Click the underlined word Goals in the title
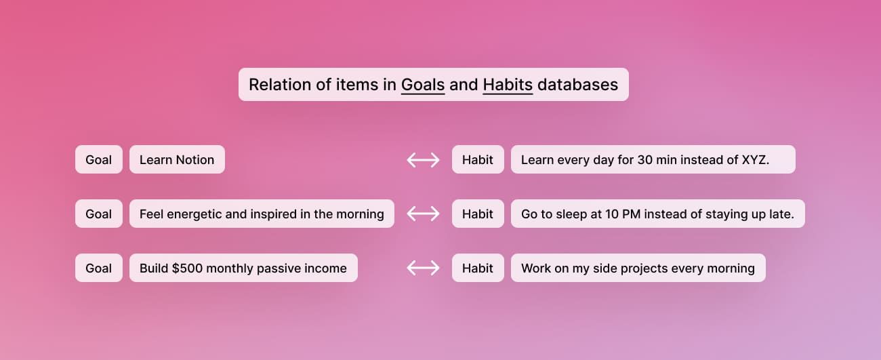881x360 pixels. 423,85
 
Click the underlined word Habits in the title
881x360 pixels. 508,85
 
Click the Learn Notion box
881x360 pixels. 177,160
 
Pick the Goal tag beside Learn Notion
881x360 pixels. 99,160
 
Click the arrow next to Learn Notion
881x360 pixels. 423,160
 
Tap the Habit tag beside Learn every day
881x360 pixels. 478,160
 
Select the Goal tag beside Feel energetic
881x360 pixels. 99,214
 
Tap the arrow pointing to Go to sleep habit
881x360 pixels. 423,214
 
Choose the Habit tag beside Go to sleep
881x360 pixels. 478,214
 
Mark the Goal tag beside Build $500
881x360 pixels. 99,268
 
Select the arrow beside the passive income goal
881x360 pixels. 423,268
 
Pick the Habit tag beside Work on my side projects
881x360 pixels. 478,268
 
